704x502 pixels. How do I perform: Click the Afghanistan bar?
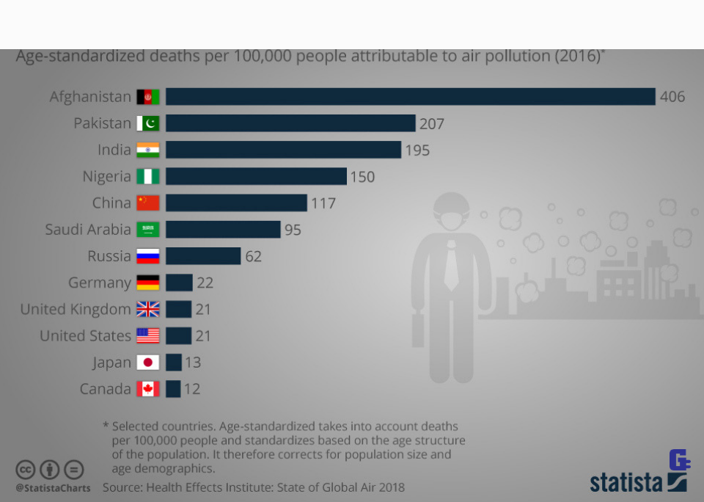click(x=410, y=97)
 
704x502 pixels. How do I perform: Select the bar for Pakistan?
click(x=290, y=123)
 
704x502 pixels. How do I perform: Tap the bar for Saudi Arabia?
click(x=223, y=230)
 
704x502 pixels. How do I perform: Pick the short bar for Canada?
click(x=173, y=389)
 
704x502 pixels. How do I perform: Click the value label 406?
click(x=672, y=97)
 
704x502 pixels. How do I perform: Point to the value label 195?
click(x=417, y=150)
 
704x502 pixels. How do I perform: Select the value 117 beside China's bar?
click(x=323, y=203)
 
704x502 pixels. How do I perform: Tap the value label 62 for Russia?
click(x=253, y=256)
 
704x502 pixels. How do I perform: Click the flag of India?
click(x=147, y=150)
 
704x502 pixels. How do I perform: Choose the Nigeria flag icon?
click(x=147, y=177)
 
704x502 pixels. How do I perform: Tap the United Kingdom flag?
click(x=147, y=310)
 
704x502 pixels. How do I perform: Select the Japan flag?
click(x=147, y=363)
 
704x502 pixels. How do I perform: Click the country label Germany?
click(x=100, y=283)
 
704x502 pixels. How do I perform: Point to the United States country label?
click(x=85, y=336)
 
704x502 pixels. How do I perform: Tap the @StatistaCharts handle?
click(x=53, y=488)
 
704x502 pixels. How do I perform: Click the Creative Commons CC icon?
click(x=26, y=470)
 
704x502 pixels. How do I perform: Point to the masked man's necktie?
click(x=451, y=264)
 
